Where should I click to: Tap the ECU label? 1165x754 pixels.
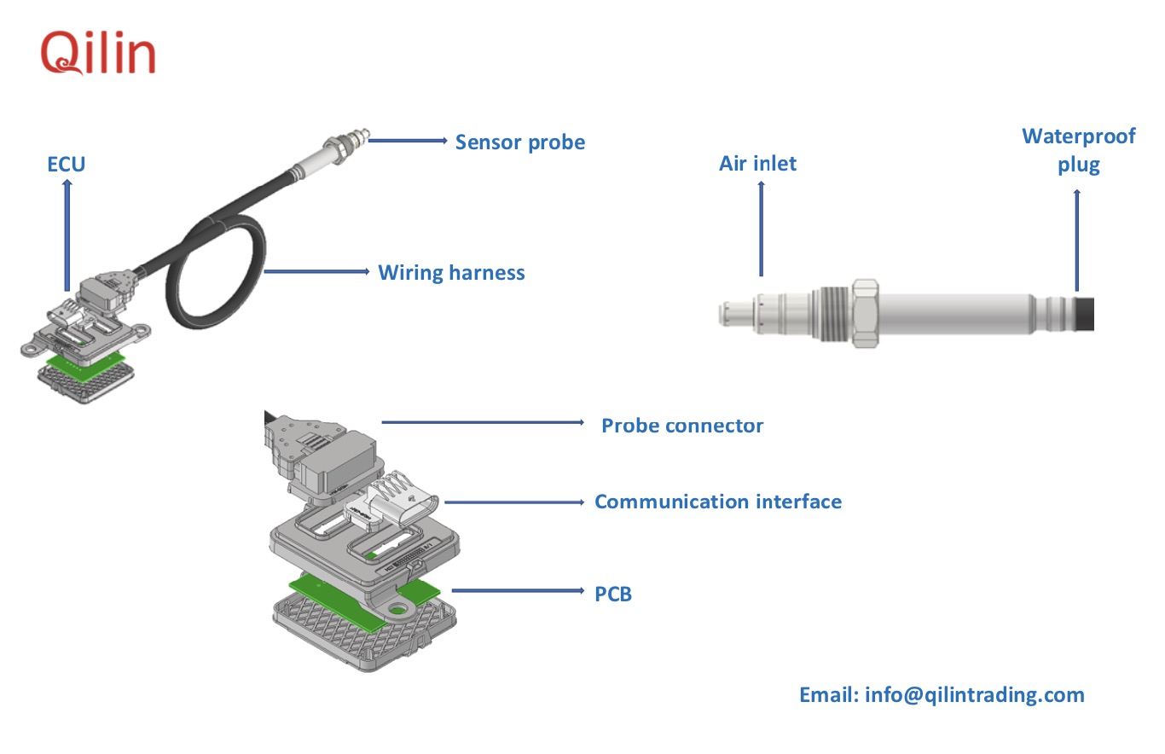[67, 163]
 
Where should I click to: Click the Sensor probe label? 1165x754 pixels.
[519, 142]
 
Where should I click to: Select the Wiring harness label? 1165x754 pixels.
[451, 273]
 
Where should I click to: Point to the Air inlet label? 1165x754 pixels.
[757, 163]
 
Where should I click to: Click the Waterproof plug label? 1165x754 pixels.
[1078, 150]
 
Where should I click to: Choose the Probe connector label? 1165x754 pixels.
[682, 425]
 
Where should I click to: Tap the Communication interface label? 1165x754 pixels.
[717, 501]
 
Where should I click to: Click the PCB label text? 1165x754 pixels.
[613, 594]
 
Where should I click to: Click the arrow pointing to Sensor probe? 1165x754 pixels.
[409, 140]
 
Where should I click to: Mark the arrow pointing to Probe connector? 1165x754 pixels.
[483, 421]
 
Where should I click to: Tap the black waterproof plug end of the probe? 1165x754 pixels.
[1085, 312]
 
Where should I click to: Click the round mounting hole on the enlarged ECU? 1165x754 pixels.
[396, 610]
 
